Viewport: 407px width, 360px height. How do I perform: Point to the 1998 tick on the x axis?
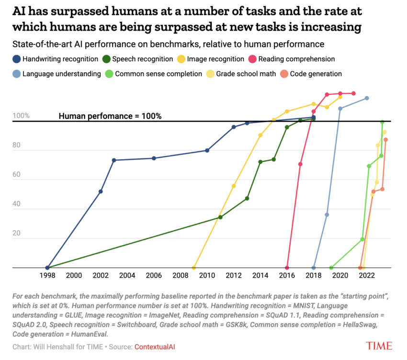click(47, 276)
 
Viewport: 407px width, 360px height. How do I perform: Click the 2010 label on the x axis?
click(207, 276)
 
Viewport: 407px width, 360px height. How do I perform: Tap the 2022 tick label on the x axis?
click(367, 276)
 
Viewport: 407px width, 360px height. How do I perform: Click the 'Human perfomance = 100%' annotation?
click(110, 116)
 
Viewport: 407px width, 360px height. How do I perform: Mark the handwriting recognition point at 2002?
click(101, 191)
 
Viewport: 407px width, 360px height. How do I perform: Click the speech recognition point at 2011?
click(220, 217)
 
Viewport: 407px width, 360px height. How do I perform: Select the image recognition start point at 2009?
click(193, 268)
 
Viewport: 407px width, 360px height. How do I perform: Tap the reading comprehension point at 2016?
click(287, 268)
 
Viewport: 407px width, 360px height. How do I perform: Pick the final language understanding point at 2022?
click(367, 98)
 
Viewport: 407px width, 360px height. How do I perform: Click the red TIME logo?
click(378, 346)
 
